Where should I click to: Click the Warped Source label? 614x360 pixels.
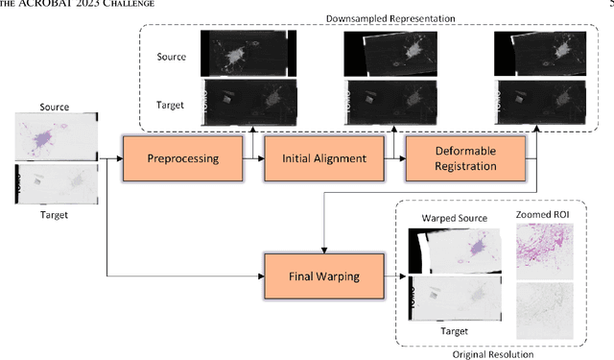click(x=454, y=219)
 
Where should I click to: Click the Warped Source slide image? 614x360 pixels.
click(x=454, y=252)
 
